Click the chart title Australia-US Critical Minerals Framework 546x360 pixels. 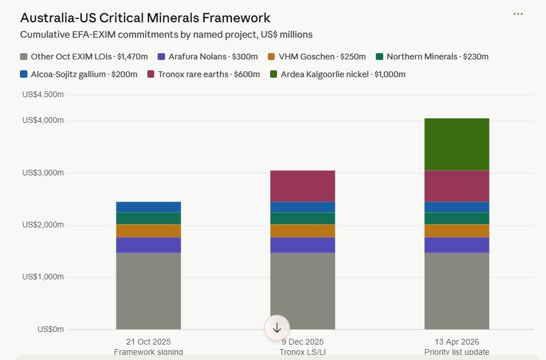point(145,18)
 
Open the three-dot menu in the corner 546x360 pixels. point(518,14)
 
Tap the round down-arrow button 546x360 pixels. point(277,328)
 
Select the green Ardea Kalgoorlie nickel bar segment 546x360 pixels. point(456,144)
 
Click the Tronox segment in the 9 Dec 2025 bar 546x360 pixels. point(302,186)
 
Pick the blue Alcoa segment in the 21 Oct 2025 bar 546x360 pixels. point(148,207)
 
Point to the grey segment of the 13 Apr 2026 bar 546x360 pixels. point(456,291)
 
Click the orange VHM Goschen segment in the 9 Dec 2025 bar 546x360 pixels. point(302,230)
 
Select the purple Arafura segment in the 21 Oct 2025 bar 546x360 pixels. point(148,245)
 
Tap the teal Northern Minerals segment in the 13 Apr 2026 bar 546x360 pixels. point(456,218)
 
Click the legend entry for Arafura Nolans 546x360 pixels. point(207,57)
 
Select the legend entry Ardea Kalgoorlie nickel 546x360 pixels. point(338,74)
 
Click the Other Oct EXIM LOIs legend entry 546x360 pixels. point(84,57)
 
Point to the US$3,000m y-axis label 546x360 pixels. point(43,173)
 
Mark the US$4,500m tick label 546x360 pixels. point(43,94)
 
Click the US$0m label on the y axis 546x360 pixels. point(50,330)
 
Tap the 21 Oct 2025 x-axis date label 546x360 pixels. point(148,342)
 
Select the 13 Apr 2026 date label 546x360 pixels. point(456,342)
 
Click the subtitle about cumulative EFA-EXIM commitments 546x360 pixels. point(166,34)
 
